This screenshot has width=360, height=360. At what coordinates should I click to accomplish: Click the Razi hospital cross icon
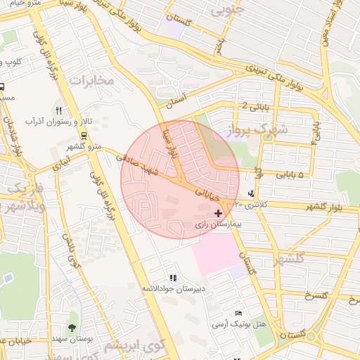(218, 212)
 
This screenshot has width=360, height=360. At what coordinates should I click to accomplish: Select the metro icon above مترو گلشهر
(84, 136)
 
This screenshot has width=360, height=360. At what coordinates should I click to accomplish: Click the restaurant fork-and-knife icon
(58, 110)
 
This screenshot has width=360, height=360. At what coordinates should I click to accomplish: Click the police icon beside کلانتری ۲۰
(252, 194)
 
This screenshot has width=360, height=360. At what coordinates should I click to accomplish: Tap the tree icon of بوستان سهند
(72, 328)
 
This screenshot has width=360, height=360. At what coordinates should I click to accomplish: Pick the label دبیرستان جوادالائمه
(174, 288)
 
